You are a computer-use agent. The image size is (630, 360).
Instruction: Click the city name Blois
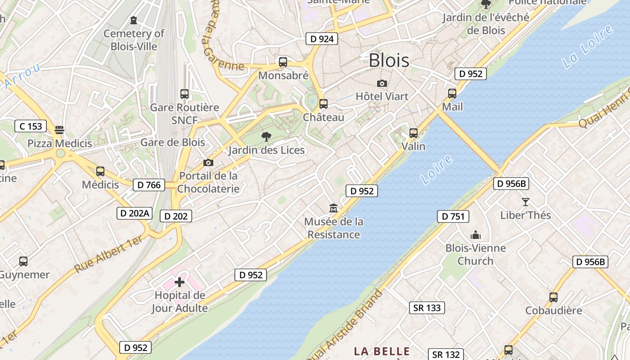click(389, 60)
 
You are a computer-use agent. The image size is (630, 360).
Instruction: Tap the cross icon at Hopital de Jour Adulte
click(180, 282)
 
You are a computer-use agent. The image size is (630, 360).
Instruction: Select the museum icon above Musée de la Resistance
click(333, 208)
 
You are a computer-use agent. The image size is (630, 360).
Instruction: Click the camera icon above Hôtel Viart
click(382, 83)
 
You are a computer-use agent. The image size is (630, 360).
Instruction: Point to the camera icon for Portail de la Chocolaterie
click(208, 162)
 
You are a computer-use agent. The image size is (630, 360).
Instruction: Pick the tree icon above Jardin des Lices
click(266, 136)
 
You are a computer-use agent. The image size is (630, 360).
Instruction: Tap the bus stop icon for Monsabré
click(283, 62)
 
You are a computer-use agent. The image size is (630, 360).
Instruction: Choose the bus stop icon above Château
click(323, 104)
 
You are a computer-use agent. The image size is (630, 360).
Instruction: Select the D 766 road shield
click(149, 184)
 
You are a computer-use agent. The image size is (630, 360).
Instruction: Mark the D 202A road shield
click(134, 213)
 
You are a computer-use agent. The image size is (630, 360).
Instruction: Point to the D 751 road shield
click(453, 216)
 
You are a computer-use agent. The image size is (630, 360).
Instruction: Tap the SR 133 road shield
click(427, 307)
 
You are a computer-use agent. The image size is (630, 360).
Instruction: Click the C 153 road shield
click(31, 126)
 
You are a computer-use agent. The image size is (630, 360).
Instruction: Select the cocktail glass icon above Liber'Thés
click(525, 202)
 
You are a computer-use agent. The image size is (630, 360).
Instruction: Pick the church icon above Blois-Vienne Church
click(476, 235)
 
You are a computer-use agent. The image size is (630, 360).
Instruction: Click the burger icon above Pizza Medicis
click(59, 130)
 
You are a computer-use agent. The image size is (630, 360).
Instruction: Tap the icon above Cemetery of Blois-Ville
click(134, 20)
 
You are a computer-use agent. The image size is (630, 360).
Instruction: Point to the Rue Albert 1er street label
click(109, 254)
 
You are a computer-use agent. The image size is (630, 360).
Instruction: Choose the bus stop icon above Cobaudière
click(553, 297)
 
